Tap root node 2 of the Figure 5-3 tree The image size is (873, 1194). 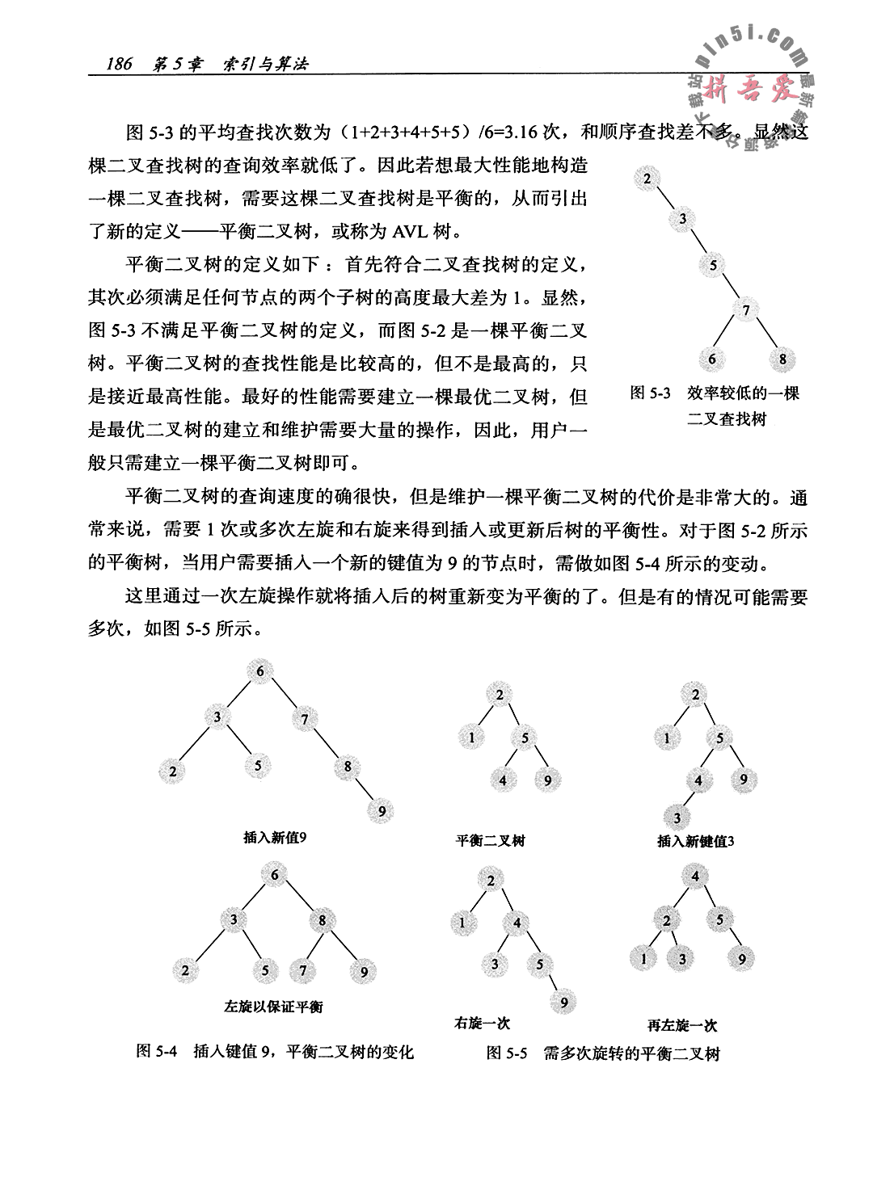(647, 179)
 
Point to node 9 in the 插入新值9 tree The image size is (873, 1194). (381, 810)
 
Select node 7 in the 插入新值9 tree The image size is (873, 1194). (304, 718)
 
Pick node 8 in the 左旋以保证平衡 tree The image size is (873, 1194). (322, 920)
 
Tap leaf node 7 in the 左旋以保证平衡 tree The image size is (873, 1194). (303, 969)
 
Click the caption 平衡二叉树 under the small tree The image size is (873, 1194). (491, 841)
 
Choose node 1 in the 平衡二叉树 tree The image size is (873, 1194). (471, 737)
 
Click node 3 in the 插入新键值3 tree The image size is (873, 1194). (677, 817)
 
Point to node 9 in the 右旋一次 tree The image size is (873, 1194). (563, 1003)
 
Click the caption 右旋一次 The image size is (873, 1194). (483, 1024)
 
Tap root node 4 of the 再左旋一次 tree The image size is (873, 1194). (695, 876)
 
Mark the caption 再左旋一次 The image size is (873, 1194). (682, 1026)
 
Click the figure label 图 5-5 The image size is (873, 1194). (507, 1053)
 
